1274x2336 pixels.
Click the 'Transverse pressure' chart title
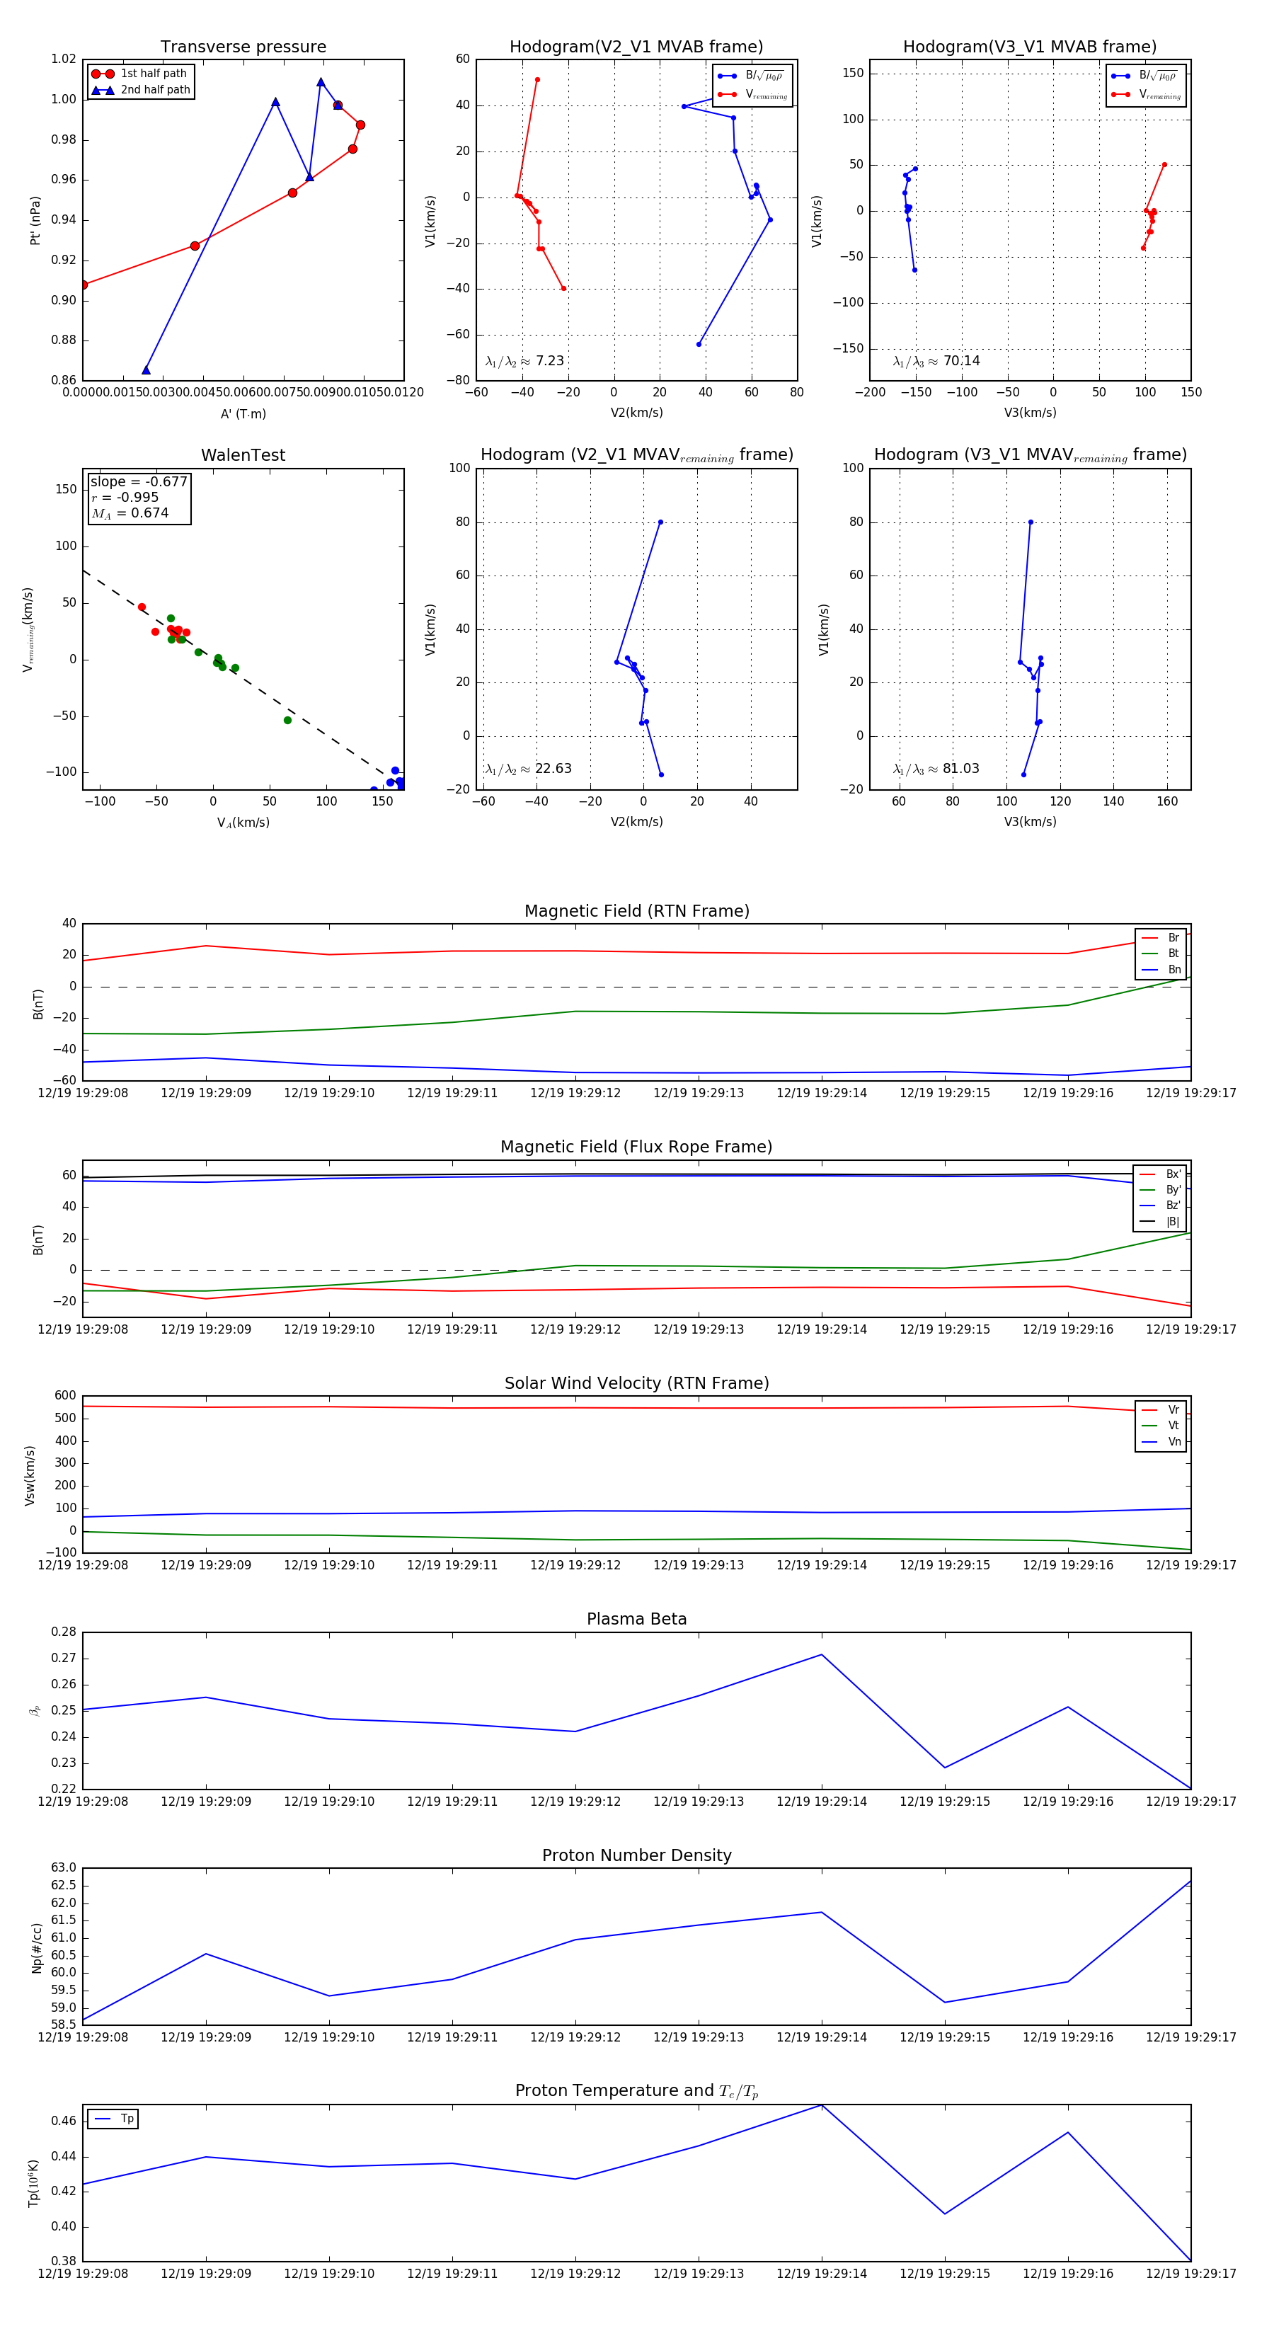243,47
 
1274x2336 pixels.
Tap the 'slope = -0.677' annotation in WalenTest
139,481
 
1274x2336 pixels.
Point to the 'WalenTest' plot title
243,455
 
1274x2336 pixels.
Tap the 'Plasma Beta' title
636,1620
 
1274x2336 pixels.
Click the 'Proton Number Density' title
636,1855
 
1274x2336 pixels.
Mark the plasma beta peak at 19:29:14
822,1655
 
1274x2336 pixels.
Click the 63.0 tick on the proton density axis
64,1868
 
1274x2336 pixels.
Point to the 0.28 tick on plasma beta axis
64,1632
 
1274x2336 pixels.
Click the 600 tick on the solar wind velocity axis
65,1396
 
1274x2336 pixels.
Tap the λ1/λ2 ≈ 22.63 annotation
529,769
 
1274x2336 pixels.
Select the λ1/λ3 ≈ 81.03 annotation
936,769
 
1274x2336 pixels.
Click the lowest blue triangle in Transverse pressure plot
146,370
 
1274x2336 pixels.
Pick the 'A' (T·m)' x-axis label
243,413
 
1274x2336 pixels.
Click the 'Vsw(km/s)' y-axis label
30,1475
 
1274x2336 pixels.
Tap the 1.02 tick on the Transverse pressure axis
64,59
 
